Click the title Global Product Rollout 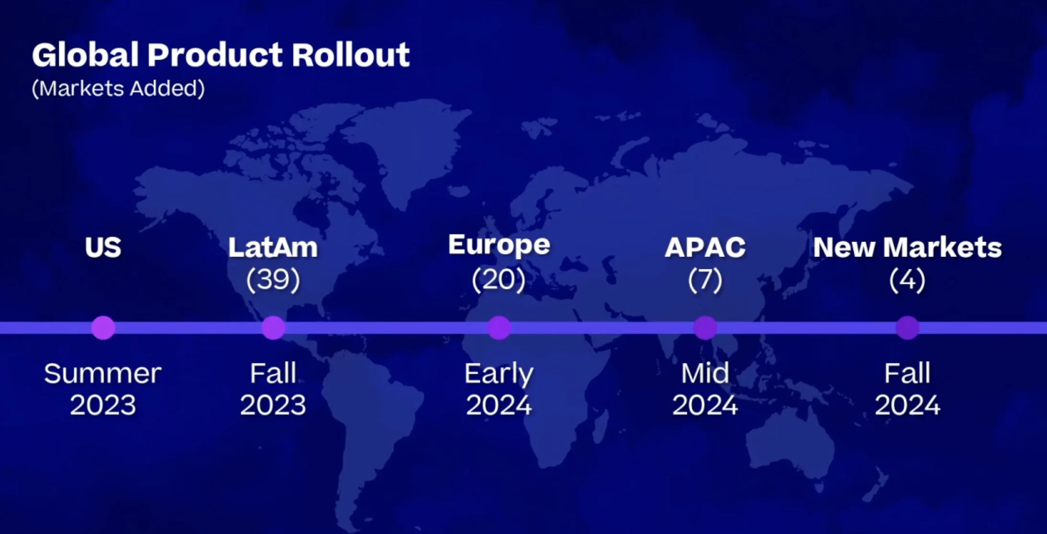coord(221,55)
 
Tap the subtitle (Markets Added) coord(118,88)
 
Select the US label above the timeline coord(103,247)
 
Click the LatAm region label coord(273,247)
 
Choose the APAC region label coord(705,247)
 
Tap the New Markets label coord(907,247)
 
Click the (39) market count coord(273,279)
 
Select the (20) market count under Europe coord(499,279)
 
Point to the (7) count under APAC coord(705,279)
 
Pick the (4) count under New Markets coord(907,279)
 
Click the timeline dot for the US coord(103,328)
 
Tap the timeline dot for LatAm coord(273,328)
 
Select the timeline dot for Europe coord(499,328)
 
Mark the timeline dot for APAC coord(705,328)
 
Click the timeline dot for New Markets coord(907,328)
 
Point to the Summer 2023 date coord(103,389)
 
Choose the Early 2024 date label coord(499,389)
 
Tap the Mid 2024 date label coord(705,389)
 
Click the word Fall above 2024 coord(907,373)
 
